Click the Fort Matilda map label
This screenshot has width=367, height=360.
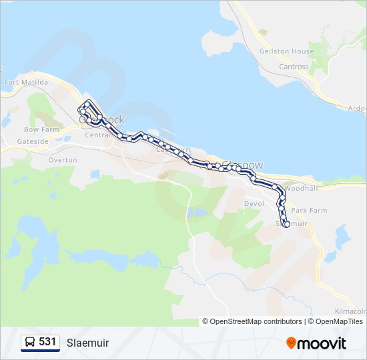(x=26, y=82)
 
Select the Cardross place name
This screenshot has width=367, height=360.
(x=294, y=67)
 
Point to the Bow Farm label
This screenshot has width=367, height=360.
(x=41, y=129)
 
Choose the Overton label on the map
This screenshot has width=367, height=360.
(x=63, y=160)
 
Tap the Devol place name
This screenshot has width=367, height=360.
(x=254, y=203)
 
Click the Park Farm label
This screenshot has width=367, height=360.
(x=309, y=210)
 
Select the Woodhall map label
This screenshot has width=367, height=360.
(x=298, y=189)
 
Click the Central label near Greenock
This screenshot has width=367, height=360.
(x=97, y=135)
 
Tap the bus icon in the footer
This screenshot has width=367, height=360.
(x=30, y=342)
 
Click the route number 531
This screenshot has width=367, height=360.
(x=47, y=342)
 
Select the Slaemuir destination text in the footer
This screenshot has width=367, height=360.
(x=87, y=343)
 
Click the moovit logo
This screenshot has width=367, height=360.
(x=316, y=343)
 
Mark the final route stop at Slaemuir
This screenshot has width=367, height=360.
(x=287, y=225)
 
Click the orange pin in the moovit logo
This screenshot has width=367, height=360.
(x=291, y=343)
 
